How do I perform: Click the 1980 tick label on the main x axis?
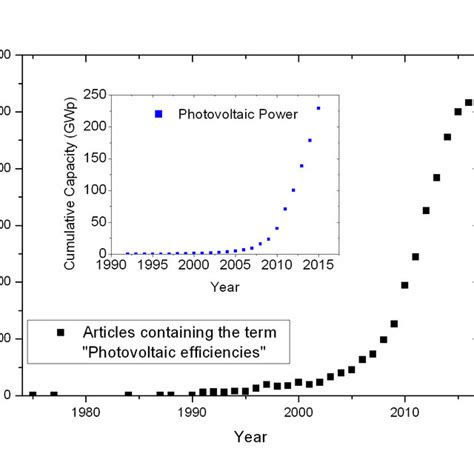(86, 412)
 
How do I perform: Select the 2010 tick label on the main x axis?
(404, 412)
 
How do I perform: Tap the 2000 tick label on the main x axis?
(298, 412)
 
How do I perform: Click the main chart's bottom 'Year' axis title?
(250, 436)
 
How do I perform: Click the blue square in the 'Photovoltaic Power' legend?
(157, 114)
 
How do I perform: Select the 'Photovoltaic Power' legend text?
(238, 114)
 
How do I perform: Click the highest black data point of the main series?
(468, 102)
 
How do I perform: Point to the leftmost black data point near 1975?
(33, 394)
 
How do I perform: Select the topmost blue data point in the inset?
(319, 108)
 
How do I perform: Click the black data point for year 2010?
(404, 285)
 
